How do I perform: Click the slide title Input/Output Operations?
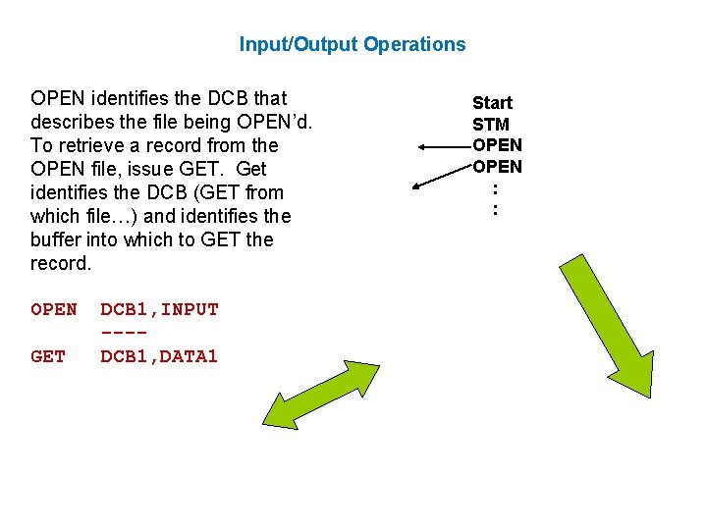pos(353,44)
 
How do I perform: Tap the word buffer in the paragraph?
pos(57,239)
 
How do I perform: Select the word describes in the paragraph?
pos(75,122)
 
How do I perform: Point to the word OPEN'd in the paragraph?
pos(277,122)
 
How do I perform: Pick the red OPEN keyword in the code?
pos(53,309)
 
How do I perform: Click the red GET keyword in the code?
pos(48,356)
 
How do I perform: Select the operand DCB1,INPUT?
pos(159,309)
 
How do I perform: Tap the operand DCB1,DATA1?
pos(159,356)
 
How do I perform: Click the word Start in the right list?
pos(492,102)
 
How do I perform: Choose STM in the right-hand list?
pos(490,124)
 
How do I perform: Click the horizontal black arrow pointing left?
pos(444,146)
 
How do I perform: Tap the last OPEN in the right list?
pos(497,166)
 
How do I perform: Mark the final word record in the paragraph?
pos(60,263)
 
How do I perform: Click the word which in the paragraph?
pos(58,216)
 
